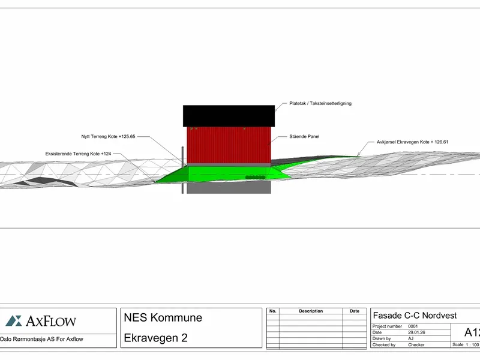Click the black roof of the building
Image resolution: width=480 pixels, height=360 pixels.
pos(229,116)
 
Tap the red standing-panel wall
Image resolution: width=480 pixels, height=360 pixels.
pos(229,145)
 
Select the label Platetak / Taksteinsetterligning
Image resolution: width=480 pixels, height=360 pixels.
pos(320,103)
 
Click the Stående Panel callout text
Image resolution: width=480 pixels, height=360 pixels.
pos(304,137)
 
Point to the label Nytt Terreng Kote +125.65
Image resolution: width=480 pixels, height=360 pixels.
pos(108,137)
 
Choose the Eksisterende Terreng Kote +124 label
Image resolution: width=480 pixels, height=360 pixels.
pos(78,154)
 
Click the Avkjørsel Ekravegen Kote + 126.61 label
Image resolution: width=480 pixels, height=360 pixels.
pos(412,142)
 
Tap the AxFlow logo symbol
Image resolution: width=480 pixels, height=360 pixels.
pos(14,321)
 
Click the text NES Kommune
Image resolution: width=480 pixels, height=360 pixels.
pos(163,318)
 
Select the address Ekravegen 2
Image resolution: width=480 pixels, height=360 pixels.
pos(155,338)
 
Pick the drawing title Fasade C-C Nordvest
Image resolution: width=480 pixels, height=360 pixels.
pos(415,316)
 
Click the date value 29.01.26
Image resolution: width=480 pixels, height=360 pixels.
pos(416,332)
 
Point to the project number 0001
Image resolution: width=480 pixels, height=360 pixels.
pos(413,326)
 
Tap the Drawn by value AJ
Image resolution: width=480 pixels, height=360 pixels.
pos(410,338)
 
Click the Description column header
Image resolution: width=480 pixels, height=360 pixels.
pos(311,311)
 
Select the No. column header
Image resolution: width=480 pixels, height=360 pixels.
pos(273,311)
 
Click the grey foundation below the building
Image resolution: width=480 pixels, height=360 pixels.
pos(229,187)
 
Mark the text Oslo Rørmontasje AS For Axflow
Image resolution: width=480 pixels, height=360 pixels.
pos(41,339)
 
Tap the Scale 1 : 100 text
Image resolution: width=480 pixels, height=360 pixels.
pos(466,344)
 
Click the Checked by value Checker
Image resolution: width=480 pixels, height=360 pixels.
pos(416,344)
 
